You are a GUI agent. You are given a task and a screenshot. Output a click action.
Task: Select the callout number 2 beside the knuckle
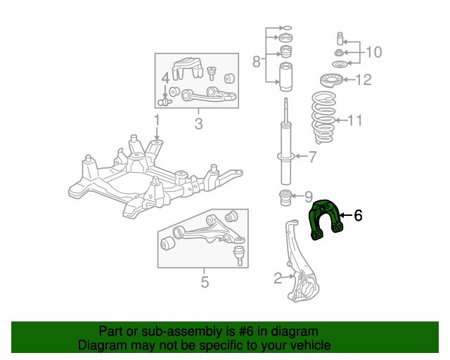click(278, 278)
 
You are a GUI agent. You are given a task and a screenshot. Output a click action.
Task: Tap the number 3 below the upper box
click(198, 125)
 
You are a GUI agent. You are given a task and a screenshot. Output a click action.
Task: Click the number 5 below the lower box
click(205, 283)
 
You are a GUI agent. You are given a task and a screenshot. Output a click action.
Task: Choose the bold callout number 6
click(358, 215)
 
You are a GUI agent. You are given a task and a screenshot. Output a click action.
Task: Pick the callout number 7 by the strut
click(313, 156)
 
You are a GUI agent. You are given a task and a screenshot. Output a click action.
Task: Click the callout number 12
click(363, 79)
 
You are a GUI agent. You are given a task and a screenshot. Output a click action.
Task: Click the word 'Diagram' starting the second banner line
click(100, 345)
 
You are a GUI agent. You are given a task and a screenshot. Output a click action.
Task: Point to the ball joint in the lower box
click(240, 252)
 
